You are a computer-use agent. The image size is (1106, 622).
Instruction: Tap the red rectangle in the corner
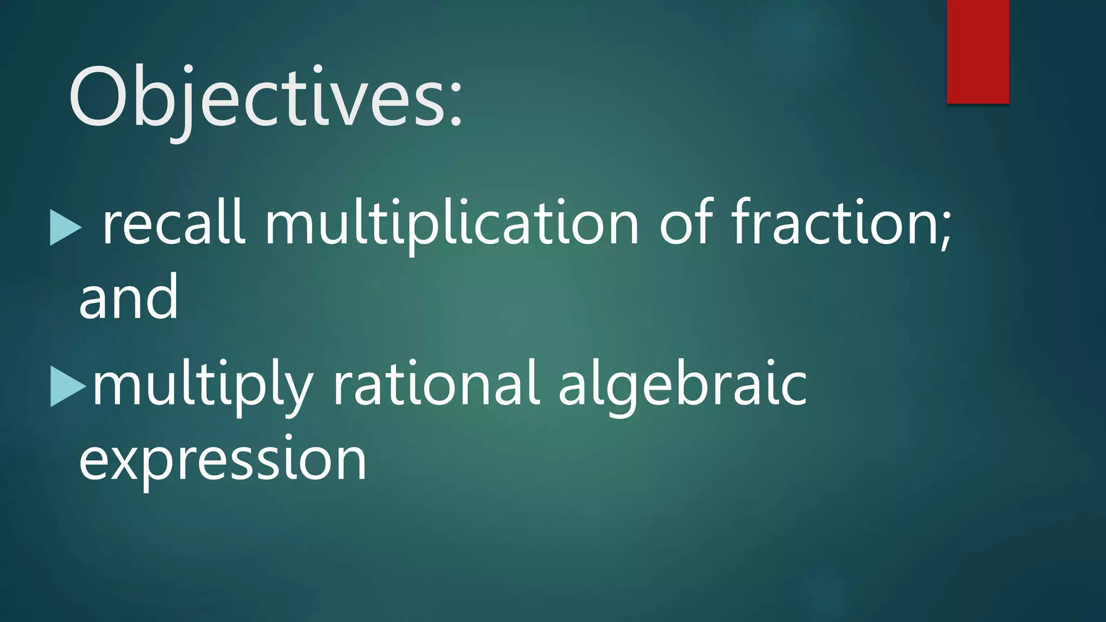(x=977, y=51)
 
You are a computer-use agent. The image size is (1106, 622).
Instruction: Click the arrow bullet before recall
(x=65, y=227)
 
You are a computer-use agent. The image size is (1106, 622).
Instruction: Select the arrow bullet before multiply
(x=68, y=387)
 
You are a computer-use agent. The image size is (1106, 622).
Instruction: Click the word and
(x=129, y=297)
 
